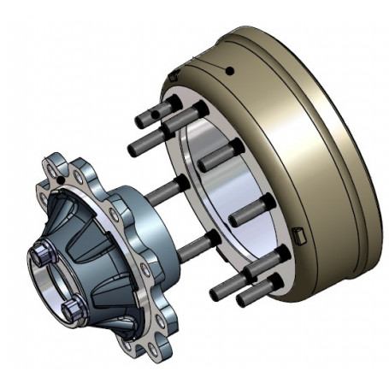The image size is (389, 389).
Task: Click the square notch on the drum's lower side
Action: click(298, 234)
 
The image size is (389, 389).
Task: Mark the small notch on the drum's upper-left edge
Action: click(174, 77)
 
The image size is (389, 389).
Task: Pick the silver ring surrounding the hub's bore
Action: click(39, 278)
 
